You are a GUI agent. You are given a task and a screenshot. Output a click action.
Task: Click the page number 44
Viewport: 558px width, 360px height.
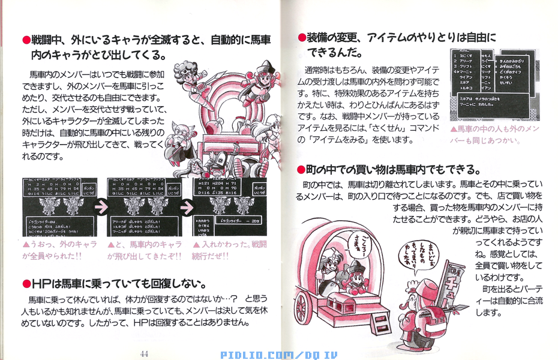[x=144, y=353]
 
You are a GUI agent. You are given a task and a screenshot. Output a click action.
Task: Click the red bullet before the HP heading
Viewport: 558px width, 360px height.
[x=26, y=283]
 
